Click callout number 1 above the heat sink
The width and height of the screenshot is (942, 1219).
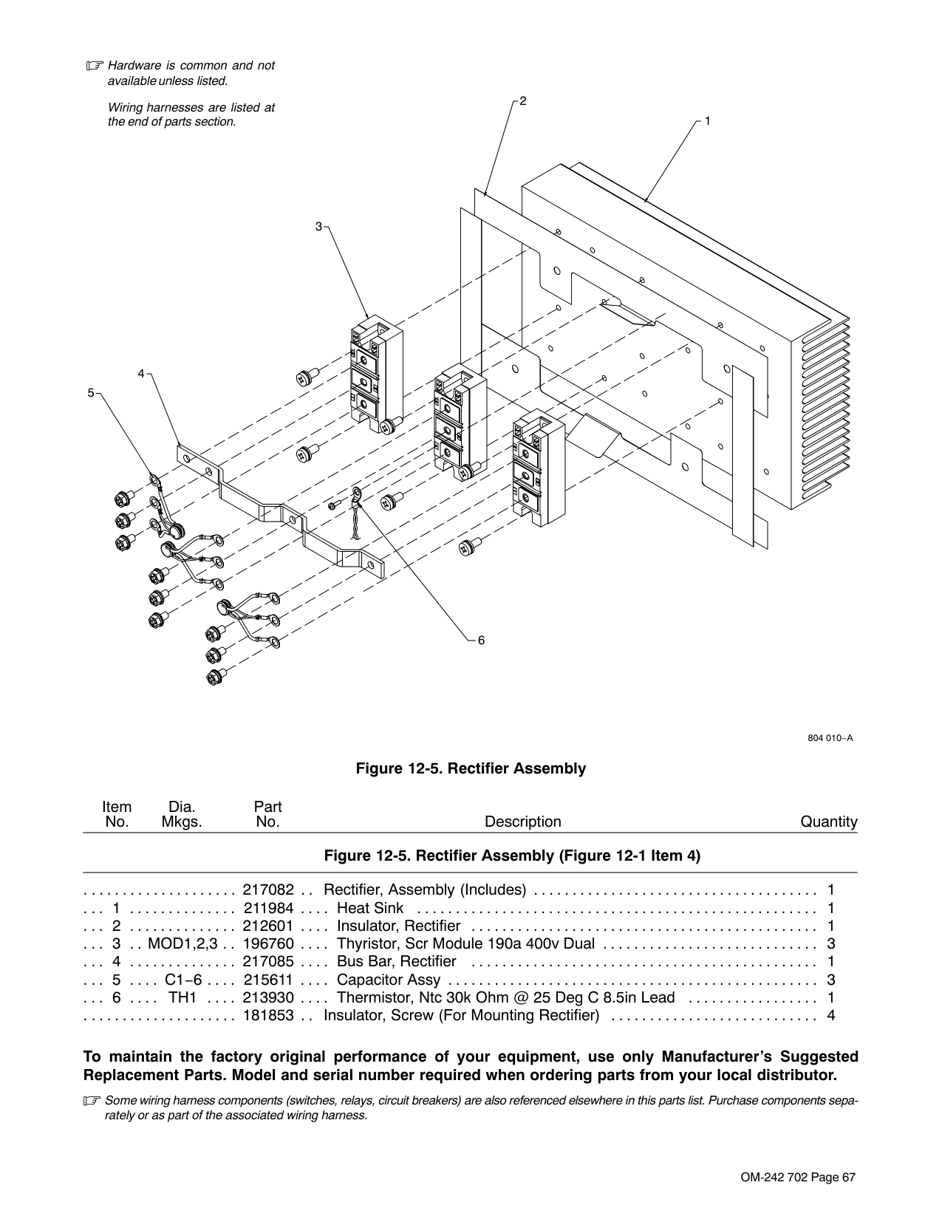(x=708, y=121)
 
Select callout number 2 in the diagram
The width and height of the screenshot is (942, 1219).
(x=523, y=101)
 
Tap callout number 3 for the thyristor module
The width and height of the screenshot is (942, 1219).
(x=318, y=227)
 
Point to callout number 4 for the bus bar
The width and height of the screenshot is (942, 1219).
(x=141, y=374)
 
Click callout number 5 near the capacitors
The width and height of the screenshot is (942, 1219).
(x=91, y=393)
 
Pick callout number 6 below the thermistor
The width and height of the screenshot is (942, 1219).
(x=482, y=640)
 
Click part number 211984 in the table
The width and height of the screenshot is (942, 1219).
(x=268, y=908)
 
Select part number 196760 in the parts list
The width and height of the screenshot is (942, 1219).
(x=268, y=944)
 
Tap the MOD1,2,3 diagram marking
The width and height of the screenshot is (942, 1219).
(x=182, y=944)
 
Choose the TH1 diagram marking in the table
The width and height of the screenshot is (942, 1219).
(x=182, y=998)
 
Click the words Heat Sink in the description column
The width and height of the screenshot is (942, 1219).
(x=369, y=908)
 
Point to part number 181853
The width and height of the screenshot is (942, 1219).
(x=268, y=1016)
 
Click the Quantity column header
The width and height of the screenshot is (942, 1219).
(x=829, y=822)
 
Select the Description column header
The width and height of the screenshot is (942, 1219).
(x=523, y=822)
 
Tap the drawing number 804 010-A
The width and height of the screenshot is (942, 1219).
(x=830, y=738)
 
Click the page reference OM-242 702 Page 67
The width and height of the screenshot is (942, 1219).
(x=799, y=1178)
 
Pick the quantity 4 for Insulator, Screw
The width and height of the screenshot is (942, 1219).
(x=831, y=1016)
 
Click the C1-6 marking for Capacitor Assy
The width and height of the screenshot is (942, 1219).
(x=183, y=980)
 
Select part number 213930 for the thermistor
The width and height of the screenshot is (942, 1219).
(x=268, y=998)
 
